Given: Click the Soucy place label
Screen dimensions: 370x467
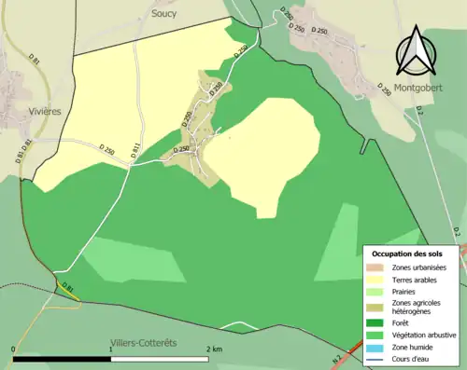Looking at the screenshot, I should [x=163, y=15].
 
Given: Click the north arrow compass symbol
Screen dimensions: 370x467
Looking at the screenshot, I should [x=418, y=52].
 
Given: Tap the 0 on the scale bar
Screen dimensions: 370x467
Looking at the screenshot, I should [x=15, y=349].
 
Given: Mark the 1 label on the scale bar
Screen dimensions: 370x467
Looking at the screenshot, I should [x=111, y=349].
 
